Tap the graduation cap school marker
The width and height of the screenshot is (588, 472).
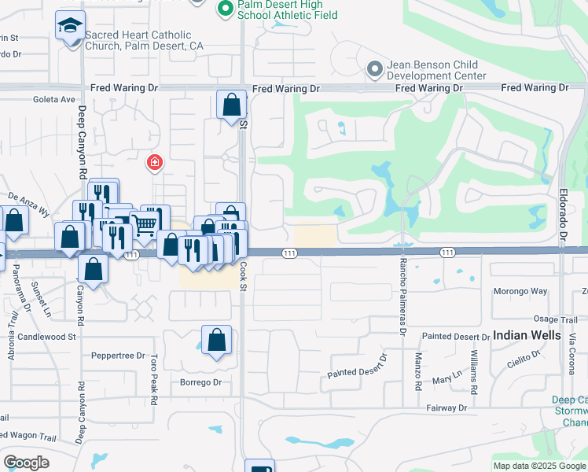(x=71, y=27)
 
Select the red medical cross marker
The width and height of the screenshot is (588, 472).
(x=155, y=163)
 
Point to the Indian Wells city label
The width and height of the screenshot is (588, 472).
(x=527, y=335)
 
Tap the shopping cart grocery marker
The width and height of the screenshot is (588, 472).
(x=145, y=225)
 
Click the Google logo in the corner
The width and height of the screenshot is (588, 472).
(x=26, y=462)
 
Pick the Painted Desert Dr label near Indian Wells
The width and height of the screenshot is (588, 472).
(x=456, y=337)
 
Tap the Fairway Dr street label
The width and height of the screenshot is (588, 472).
(x=447, y=408)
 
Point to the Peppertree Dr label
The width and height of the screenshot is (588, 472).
(x=119, y=356)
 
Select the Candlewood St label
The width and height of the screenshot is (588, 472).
(x=49, y=337)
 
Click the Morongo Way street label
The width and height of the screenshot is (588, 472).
(x=520, y=291)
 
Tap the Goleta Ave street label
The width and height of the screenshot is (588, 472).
(x=53, y=100)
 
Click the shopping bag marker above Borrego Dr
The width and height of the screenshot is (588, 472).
(x=216, y=341)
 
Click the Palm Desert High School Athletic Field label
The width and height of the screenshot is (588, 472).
(x=288, y=9)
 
